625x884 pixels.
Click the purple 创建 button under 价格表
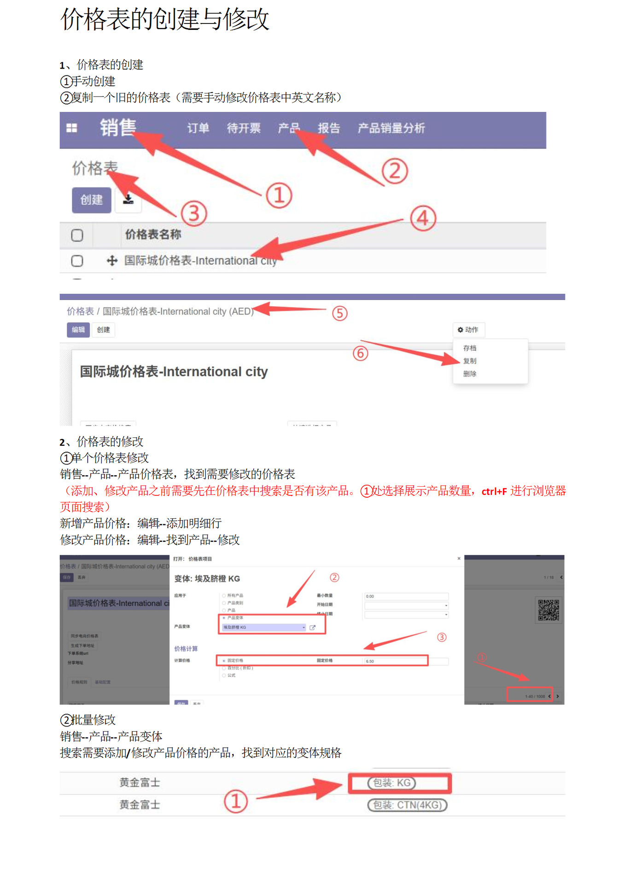click(x=91, y=200)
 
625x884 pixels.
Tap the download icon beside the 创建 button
click(x=128, y=200)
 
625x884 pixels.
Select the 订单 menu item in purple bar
click(x=198, y=128)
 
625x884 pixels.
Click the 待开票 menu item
click(x=244, y=128)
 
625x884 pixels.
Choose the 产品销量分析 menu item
click(x=391, y=128)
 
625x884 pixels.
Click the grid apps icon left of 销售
click(x=72, y=128)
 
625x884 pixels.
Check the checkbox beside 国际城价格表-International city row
click(x=77, y=261)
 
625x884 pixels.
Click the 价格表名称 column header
click(x=153, y=235)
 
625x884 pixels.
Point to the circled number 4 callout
click(x=422, y=219)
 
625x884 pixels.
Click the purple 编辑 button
click(x=78, y=330)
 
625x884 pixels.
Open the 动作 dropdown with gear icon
click(x=468, y=330)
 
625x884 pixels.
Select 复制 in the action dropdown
click(x=469, y=361)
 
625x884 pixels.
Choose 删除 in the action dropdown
click(x=469, y=374)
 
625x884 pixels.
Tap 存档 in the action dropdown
click(x=469, y=348)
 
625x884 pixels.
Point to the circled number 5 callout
click(x=339, y=314)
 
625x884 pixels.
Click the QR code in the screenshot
click(x=548, y=610)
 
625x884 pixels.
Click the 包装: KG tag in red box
click(x=391, y=783)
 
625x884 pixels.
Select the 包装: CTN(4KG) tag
click(x=407, y=805)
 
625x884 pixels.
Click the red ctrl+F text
click(x=494, y=492)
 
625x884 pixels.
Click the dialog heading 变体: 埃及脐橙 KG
click(x=207, y=579)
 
